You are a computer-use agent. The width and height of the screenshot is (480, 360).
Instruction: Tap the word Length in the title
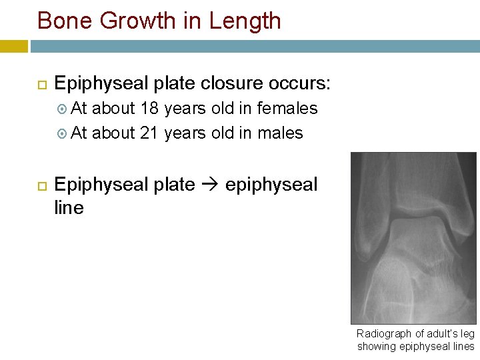(x=245, y=21)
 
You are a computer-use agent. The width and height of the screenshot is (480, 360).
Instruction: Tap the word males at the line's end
(x=280, y=133)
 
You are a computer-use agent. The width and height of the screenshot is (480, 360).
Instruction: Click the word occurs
(x=299, y=84)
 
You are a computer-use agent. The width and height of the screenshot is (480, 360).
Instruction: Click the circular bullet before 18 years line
(x=62, y=109)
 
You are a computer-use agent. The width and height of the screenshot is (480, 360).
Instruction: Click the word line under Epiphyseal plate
(x=69, y=208)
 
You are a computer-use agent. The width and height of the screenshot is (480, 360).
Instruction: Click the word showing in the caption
(x=375, y=346)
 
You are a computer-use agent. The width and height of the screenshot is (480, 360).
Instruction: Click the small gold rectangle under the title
(x=14, y=46)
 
